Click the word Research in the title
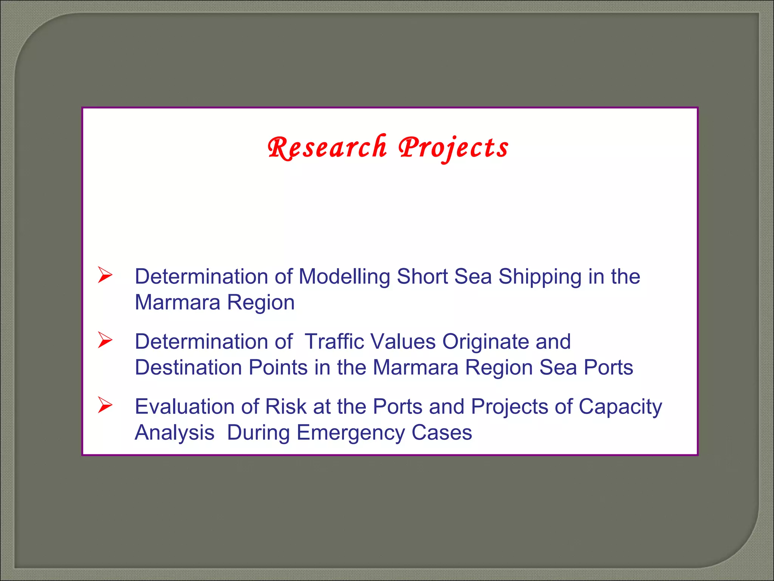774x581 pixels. coord(327,148)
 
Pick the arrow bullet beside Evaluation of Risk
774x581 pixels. coord(105,405)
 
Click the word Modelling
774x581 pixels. coord(344,277)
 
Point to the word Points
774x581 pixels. coord(278,367)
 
